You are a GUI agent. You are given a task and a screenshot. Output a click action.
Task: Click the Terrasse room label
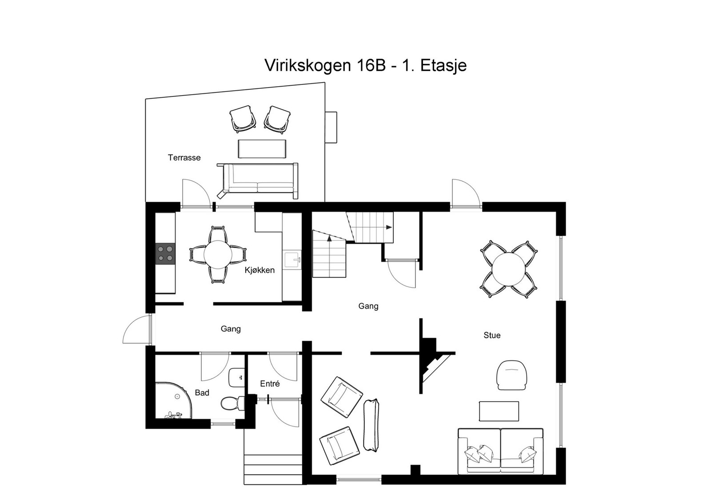[x=184, y=158]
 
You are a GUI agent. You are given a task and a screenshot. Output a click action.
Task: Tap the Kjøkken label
[x=260, y=270]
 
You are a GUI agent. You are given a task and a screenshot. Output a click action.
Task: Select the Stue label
[x=492, y=335]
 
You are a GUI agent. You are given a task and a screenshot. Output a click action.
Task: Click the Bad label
[x=202, y=393]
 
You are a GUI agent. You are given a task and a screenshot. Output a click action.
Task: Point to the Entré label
[x=270, y=384]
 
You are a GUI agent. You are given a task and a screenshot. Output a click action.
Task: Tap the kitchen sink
[x=292, y=260]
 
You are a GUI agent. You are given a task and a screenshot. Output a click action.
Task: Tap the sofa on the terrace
[x=258, y=181]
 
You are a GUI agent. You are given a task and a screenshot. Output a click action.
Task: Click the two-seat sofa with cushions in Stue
[x=501, y=451]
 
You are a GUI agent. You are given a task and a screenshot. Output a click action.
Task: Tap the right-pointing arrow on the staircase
[x=389, y=227]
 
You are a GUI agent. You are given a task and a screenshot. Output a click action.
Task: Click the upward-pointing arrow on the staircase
[x=330, y=239]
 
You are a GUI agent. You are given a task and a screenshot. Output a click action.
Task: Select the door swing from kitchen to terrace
[x=195, y=193]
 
